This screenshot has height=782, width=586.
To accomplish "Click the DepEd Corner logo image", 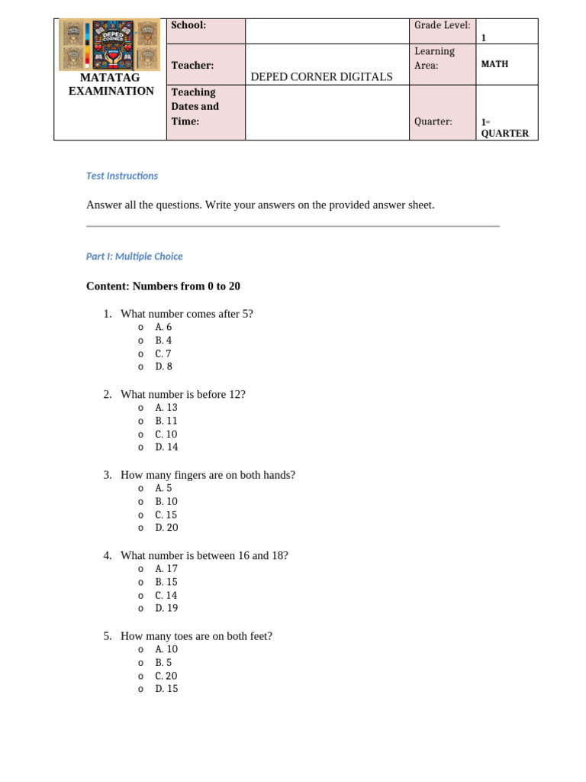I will tap(109, 45).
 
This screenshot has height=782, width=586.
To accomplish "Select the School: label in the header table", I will tap(188, 25).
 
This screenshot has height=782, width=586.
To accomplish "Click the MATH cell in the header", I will tap(494, 64).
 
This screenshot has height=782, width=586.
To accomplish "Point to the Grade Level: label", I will tap(442, 25).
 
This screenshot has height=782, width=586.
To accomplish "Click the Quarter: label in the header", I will tap(433, 121).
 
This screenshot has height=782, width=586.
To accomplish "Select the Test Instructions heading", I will tap(122, 176).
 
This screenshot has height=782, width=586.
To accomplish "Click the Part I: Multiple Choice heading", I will tap(134, 257).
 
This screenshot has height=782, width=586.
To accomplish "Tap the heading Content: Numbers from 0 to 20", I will tap(163, 286).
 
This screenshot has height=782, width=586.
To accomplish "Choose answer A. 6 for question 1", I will tap(163, 327).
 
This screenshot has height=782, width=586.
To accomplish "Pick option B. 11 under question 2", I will tap(166, 421).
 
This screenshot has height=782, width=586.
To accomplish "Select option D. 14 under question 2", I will tap(166, 447).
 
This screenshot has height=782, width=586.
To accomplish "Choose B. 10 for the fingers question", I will tap(166, 502).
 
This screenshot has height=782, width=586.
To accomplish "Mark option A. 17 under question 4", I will tap(166, 568).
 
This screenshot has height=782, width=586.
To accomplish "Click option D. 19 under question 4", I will tap(166, 608).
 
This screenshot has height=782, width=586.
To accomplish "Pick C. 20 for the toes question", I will tap(166, 676).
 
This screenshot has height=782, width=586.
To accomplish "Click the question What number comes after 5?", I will tap(187, 313).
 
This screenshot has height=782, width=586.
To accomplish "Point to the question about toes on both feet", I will tap(196, 635).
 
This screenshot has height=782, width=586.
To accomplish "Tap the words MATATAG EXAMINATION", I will tap(111, 84).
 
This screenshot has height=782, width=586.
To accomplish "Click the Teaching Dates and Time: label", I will tap(195, 106).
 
